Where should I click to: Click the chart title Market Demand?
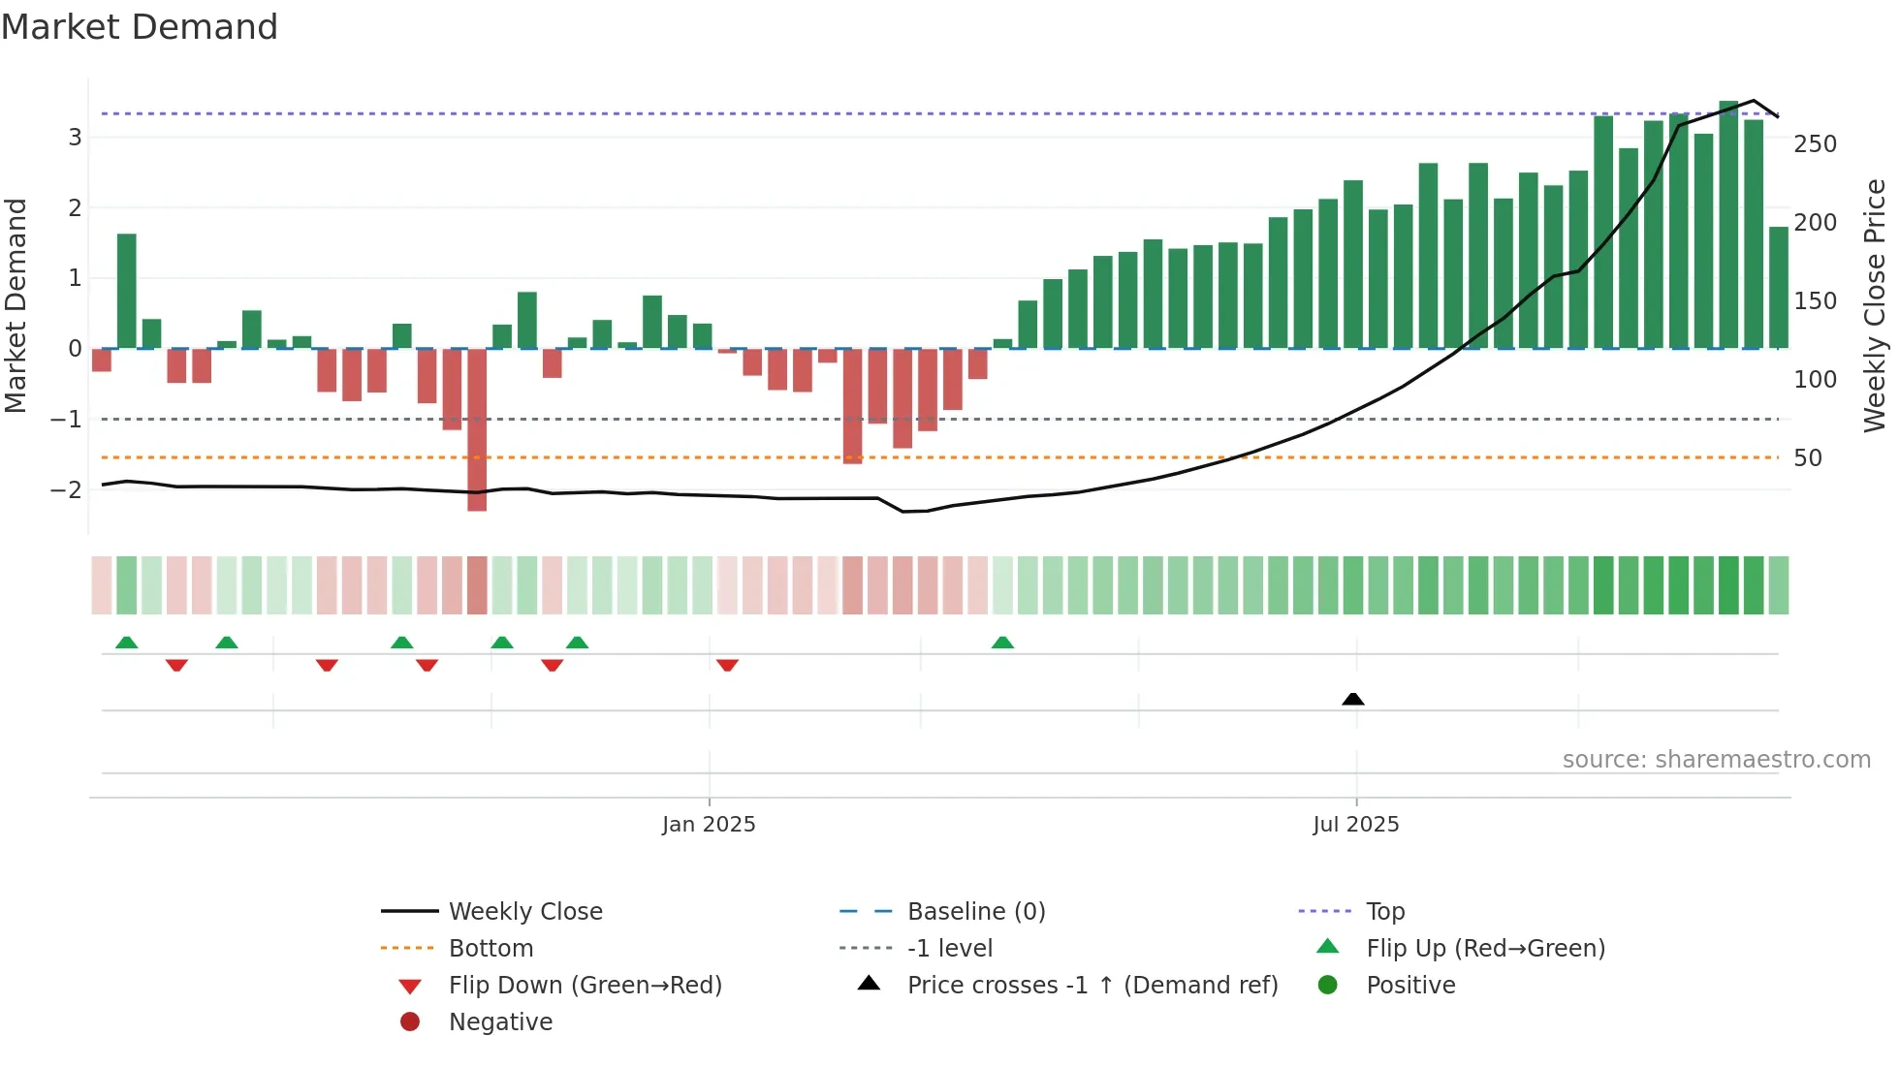[140, 27]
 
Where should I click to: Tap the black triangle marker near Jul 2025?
[1353, 699]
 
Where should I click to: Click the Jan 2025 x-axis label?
[709, 825]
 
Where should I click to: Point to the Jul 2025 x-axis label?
[1355, 825]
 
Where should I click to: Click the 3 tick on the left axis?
[75, 138]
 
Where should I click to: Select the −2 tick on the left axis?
[67, 490]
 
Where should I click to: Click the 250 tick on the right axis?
[1815, 144]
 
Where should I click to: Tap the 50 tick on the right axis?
[1808, 458]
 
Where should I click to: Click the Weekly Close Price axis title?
[1875, 305]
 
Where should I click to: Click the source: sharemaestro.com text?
[1716, 760]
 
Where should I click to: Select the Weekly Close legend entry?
[524, 912]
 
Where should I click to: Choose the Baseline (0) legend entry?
[975, 912]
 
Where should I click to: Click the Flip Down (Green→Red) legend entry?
[585, 986]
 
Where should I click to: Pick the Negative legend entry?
[500, 1022]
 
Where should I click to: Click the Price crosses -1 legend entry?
[1092, 986]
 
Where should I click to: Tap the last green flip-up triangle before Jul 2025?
[1002, 643]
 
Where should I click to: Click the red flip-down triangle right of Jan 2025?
[727, 665]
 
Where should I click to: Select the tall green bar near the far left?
[127, 291]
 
